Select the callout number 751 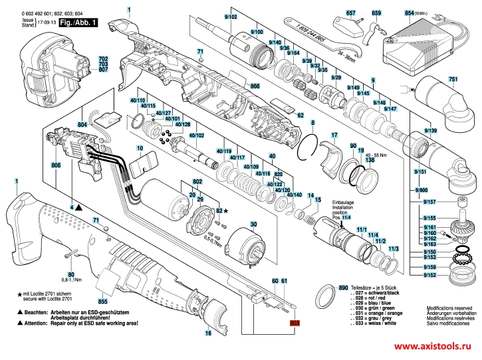pyautogui.click(x=452, y=80)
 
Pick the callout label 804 pyautogui.click(x=82, y=125)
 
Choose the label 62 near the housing pyautogui.click(x=301, y=116)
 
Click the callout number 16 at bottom pyautogui.click(x=208, y=333)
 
